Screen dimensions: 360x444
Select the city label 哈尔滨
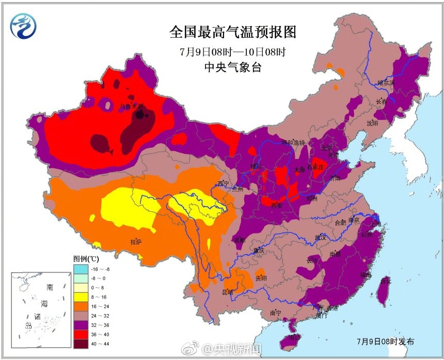386,82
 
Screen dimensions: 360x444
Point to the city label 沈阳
372,123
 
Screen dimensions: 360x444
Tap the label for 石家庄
315,166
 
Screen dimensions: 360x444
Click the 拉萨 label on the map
136,242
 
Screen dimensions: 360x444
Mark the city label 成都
239,240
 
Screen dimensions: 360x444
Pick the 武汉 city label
320,238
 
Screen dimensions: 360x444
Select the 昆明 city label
227,292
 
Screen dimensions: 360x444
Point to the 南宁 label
275,313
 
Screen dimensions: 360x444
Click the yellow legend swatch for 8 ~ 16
80,297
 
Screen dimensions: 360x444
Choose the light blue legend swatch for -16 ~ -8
80,269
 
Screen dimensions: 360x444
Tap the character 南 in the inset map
50,287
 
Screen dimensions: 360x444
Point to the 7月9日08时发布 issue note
385,341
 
